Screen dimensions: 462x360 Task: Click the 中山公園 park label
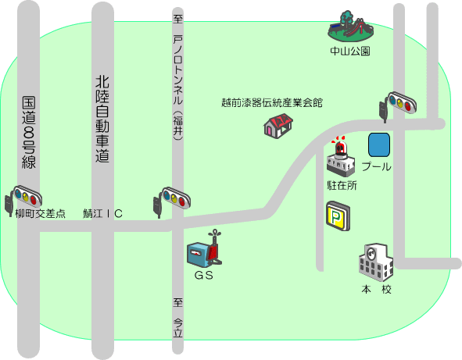click(x=350, y=51)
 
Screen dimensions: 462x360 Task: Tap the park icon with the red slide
click(x=351, y=27)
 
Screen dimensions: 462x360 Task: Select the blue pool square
click(x=379, y=144)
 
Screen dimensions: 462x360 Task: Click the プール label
click(x=376, y=166)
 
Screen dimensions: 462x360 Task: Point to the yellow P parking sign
click(x=338, y=216)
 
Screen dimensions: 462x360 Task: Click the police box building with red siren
click(x=341, y=157)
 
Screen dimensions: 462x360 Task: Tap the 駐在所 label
click(x=342, y=185)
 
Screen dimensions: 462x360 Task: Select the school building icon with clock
click(x=376, y=262)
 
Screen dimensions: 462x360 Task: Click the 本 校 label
click(x=377, y=290)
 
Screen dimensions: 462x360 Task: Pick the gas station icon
click(x=204, y=250)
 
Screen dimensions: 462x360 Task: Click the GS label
click(x=203, y=275)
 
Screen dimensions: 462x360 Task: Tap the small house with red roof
click(x=278, y=126)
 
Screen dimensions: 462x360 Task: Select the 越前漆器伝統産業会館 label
click(x=272, y=103)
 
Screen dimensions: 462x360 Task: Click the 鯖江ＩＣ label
click(x=102, y=213)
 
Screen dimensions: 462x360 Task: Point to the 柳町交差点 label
click(x=41, y=213)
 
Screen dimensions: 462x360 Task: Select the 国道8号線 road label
click(x=29, y=133)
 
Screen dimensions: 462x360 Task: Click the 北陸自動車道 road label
click(x=102, y=119)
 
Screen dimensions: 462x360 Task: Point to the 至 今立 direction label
click(x=177, y=318)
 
